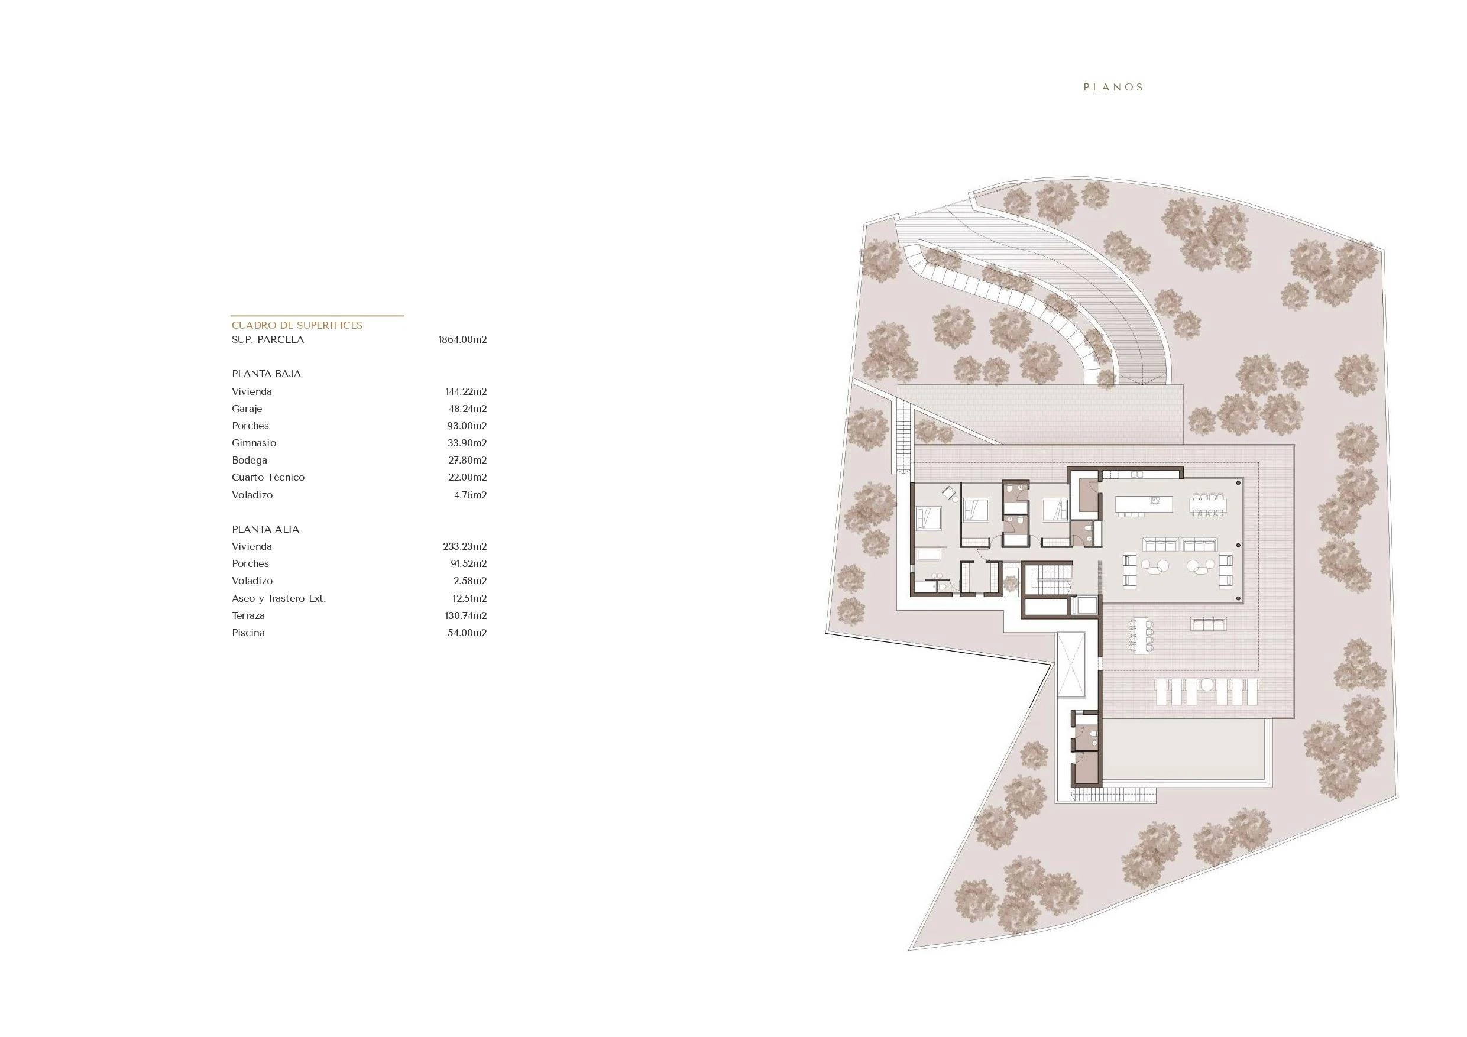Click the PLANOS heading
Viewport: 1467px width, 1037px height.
[1113, 87]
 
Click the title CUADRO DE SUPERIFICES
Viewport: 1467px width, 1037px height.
[297, 325]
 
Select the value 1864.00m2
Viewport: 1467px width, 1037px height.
[462, 339]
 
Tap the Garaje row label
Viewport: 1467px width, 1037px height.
[247, 409]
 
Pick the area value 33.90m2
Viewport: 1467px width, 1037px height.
[467, 443]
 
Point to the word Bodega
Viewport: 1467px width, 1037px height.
[249, 460]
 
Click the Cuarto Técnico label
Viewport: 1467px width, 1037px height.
[268, 477]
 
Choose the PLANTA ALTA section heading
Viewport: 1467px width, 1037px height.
[265, 529]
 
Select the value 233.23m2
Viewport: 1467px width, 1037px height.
[465, 546]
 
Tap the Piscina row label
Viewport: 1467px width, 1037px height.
[248, 633]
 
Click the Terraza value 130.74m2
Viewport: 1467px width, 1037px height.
[466, 615]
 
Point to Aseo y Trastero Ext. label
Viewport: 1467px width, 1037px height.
[278, 599]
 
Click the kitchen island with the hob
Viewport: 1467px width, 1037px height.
[1144, 504]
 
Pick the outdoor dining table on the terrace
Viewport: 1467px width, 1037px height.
[1141, 634]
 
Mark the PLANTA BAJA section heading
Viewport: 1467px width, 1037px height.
[266, 374]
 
